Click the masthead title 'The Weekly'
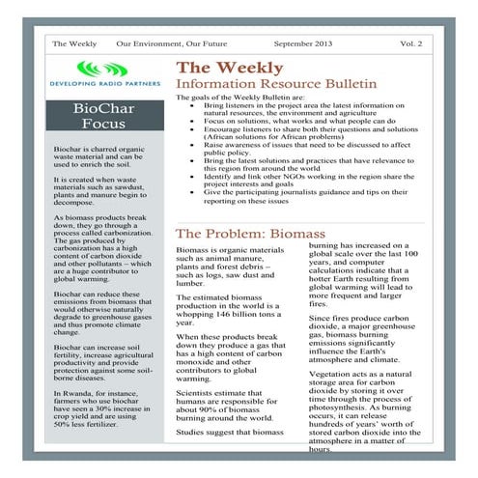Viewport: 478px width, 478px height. [229, 68]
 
